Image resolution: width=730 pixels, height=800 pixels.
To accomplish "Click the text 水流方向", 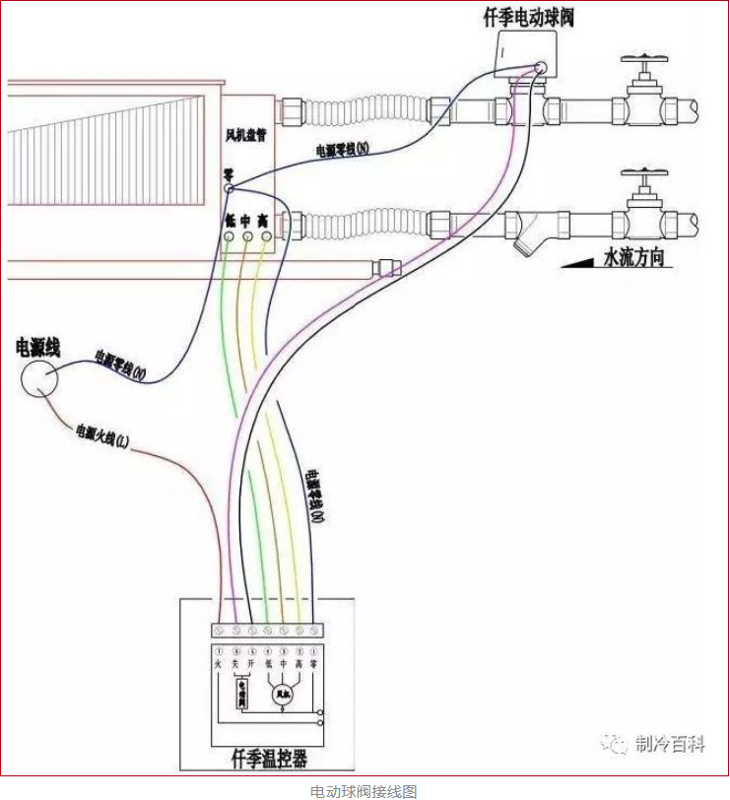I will pos(634,259).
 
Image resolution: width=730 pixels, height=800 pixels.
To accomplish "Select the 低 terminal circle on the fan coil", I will pos(230,237).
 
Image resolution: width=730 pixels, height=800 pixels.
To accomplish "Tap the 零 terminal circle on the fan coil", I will pos(228,187).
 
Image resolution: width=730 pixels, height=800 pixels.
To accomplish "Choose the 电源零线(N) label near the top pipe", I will pos(342,150).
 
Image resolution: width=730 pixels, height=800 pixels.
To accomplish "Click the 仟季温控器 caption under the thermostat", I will pos(268,758).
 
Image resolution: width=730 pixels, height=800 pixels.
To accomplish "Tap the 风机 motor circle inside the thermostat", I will pos(284,696).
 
